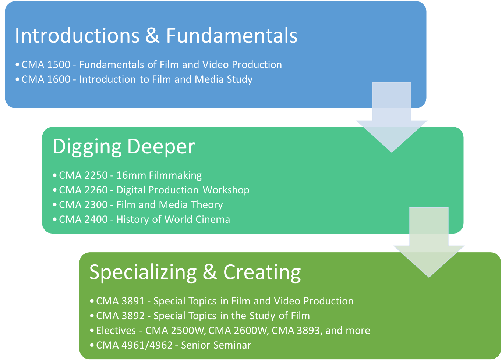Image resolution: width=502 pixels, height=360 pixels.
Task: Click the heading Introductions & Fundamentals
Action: (156, 36)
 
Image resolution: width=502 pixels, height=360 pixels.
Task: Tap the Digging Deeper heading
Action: (124, 147)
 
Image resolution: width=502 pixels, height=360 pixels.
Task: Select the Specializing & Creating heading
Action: (195, 272)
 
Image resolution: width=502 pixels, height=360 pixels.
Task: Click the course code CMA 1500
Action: (46, 65)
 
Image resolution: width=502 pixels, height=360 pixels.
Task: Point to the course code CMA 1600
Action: (46, 79)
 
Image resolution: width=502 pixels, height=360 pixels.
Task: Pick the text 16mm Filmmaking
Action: (159, 175)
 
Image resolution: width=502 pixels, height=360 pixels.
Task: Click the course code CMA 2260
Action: (83, 190)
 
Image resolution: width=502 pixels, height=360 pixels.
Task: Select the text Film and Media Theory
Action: (170, 205)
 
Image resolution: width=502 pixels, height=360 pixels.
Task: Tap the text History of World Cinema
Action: (173, 220)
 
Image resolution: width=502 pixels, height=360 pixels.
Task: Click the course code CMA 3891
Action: (120, 301)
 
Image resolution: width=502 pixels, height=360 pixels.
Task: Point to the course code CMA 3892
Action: (120, 316)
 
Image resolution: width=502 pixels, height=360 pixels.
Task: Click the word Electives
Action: (116, 331)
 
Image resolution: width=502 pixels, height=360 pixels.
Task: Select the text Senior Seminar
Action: (216, 345)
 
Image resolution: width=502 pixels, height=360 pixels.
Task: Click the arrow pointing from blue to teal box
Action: (392, 118)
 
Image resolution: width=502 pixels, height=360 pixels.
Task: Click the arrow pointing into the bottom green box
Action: (429, 243)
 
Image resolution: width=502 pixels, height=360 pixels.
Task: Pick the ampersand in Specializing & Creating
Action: (210, 272)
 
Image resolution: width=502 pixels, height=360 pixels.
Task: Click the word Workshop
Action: (226, 190)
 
